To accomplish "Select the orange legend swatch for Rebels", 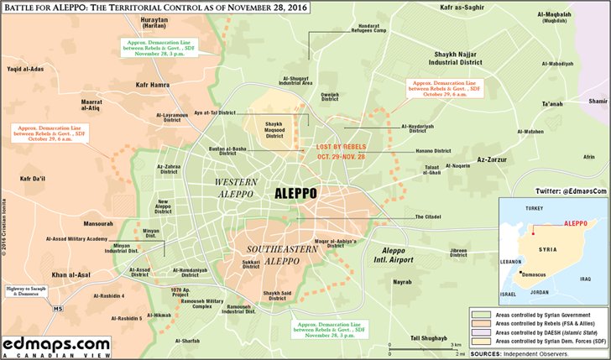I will [x=482, y=322].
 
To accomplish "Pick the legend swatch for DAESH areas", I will [x=482, y=332].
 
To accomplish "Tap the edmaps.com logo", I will [x=55, y=345].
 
